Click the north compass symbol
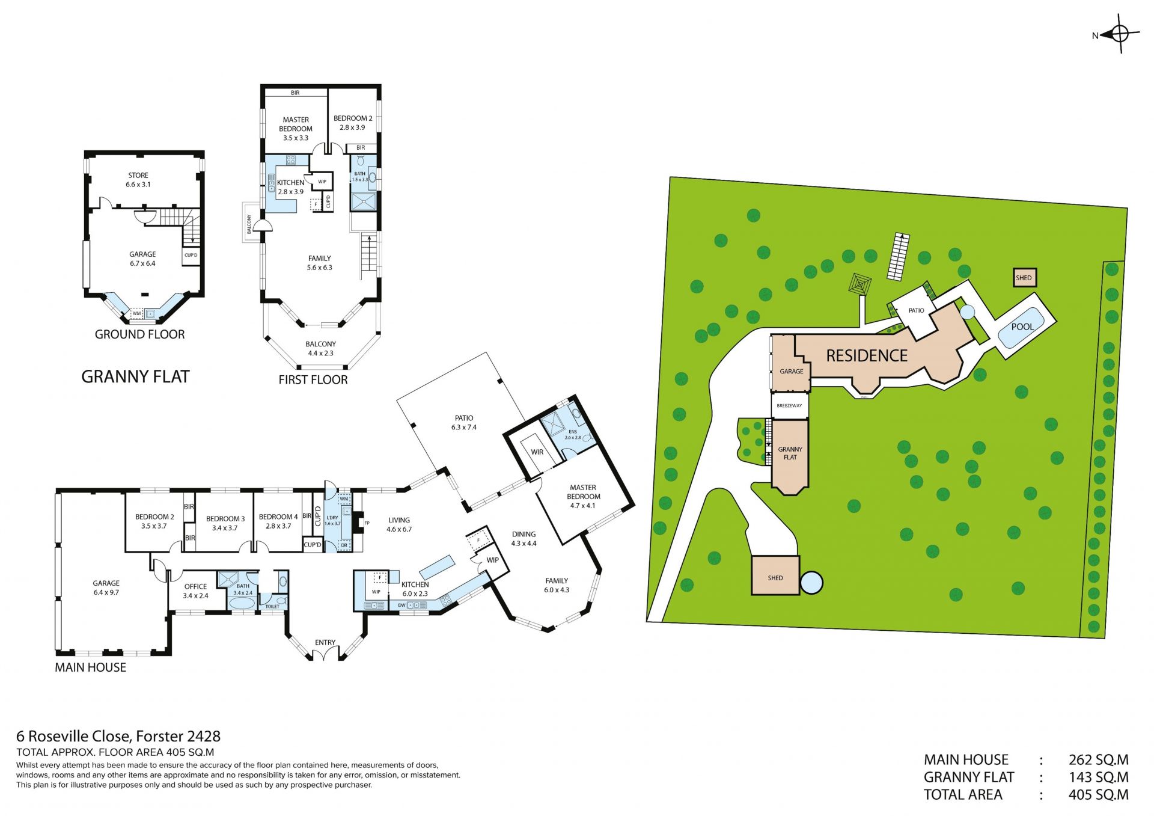pyautogui.click(x=1120, y=34)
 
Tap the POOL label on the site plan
pyautogui.click(x=1022, y=327)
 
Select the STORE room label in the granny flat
pyautogui.click(x=138, y=176)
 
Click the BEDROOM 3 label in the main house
pyautogui.click(x=225, y=519)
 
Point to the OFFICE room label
pyautogui.click(x=196, y=587)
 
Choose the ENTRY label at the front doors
pyautogui.click(x=325, y=643)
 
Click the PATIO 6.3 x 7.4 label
pyautogui.click(x=464, y=423)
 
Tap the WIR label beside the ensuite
pyautogui.click(x=537, y=452)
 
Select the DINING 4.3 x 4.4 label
pyautogui.click(x=524, y=539)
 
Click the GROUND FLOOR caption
pyautogui.click(x=140, y=335)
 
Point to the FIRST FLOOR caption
pyautogui.click(x=313, y=380)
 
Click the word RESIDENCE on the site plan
pyautogui.click(x=867, y=356)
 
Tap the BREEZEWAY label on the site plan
pyautogui.click(x=789, y=406)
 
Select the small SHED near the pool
pyautogui.click(x=1024, y=278)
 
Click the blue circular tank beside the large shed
pyautogui.click(x=811, y=582)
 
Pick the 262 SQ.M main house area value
pyautogui.click(x=1098, y=760)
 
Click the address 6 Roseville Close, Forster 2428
pyautogui.click(x=118, y=737)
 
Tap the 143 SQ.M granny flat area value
pyautogui.click(x=1098, y=778)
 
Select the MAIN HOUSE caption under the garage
pyautogui.click(x=91, y=667)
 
